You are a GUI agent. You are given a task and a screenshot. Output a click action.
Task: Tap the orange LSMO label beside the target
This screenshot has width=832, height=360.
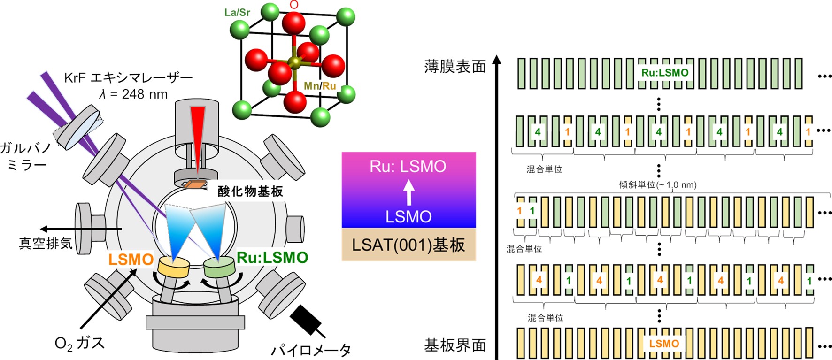pos(131,260)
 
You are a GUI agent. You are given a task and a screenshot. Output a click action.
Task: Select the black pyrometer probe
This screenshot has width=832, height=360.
pos(305,319)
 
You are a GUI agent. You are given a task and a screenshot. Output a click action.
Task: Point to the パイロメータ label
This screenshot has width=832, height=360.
pos(311,350)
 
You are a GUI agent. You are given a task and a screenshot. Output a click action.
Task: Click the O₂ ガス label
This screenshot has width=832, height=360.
pos(79,343)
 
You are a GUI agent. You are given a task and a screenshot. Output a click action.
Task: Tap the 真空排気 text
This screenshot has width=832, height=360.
pos(46,243)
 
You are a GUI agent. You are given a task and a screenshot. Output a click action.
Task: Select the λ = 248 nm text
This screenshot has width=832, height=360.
pos(133,94)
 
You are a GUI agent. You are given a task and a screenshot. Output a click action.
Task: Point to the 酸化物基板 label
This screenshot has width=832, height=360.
pos(250,191)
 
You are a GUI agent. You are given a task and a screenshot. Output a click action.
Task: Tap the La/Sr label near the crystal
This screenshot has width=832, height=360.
pos(237,13)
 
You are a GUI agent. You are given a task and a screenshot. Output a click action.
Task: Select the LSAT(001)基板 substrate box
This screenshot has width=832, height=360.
pos(408,245)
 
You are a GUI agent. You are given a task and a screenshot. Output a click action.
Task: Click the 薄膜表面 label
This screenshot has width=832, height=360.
pos(455,67)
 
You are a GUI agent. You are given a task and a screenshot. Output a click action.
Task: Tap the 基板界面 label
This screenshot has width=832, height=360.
pos(455,345)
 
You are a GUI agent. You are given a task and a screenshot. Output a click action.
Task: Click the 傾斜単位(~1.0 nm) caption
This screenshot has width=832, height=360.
pos(657,185)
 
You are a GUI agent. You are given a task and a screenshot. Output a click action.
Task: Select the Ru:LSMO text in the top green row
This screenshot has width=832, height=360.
pos(665,73)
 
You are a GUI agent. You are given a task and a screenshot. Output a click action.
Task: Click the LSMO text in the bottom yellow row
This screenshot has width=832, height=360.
pos(664,344)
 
